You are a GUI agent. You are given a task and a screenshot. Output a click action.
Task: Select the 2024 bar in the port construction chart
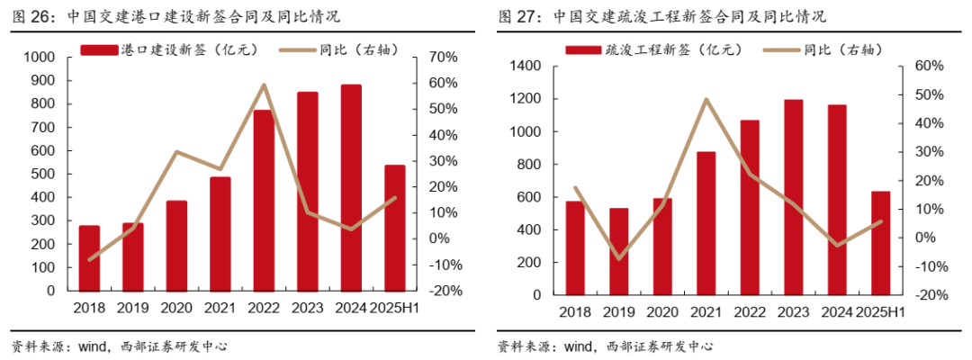coord(352,188)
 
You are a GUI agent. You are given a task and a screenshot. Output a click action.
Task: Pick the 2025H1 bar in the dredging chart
coord(880,243)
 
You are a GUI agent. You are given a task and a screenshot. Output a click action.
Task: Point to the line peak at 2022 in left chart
coord(264,85)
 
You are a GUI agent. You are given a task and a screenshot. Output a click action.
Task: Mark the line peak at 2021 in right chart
coord(706,99)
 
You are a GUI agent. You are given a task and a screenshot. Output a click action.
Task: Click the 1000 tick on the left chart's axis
coord(40,58)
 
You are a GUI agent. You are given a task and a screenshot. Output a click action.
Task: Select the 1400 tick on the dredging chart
coord(525,67)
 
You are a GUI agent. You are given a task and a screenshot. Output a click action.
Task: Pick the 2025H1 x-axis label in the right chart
coord(880,312)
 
